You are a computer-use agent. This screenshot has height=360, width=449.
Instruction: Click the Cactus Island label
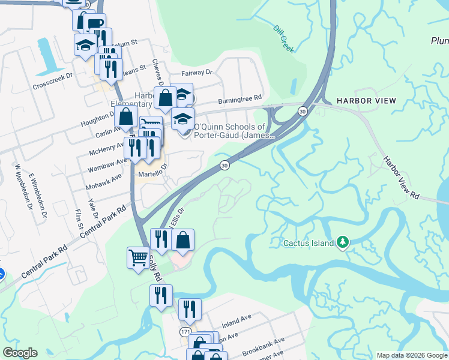(x=309, y=244)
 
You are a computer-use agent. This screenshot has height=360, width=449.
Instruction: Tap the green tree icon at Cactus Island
(x=343, y=242)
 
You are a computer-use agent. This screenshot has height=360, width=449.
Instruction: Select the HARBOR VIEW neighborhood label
(x=366, y=101)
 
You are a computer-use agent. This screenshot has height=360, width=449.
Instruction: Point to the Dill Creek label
(x=283, y=39)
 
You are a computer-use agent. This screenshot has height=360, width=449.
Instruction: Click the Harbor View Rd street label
(x=402, y=178)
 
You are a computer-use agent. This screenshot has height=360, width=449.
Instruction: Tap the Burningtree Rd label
(x=240, y=98)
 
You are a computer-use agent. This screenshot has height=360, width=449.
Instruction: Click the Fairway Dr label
(x=200, y=72)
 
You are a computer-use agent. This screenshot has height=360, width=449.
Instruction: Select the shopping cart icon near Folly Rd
(x=138, y=258)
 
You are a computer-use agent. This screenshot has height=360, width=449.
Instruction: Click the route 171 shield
(x=187, y=332)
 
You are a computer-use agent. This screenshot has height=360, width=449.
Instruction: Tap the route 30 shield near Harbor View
(x=303, y=111)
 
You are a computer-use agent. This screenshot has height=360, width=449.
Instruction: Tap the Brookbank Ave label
(x=263, y=346)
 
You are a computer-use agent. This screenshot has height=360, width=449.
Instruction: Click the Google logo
(x=20, y=353)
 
